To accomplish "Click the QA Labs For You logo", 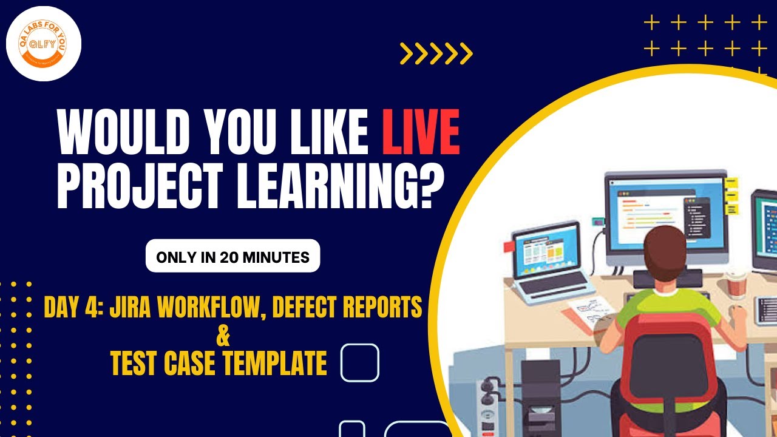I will point(43,44).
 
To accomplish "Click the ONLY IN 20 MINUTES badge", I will point(232,256).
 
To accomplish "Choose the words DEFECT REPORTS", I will point(347,308).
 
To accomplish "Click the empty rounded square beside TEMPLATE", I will point(360,362).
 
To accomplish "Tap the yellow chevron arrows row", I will point(436,54).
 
